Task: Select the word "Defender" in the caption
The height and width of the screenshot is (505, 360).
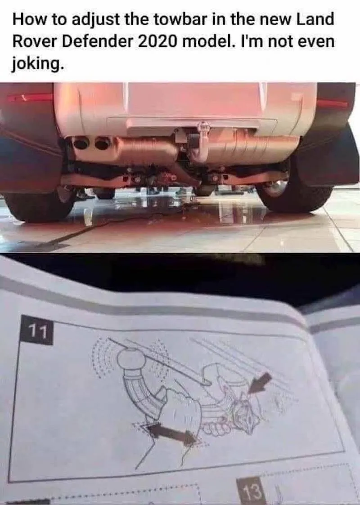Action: [97, 42]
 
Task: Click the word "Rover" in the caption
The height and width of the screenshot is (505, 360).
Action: [34, 42]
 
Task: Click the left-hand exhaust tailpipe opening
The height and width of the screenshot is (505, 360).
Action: [81, 143]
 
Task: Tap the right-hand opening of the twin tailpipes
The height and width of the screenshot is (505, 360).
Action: [103, 143]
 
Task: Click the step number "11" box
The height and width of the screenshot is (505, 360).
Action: [36, 330]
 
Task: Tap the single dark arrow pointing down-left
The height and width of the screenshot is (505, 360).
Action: [260, 383]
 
